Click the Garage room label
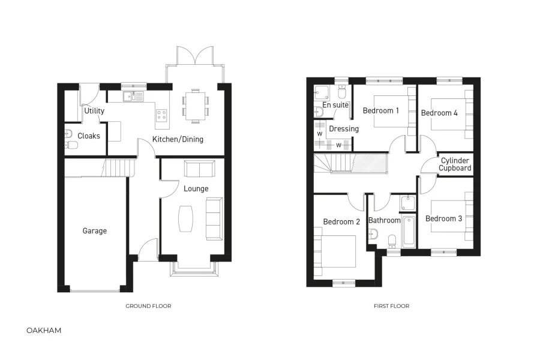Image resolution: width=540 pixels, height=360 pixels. point(94,230)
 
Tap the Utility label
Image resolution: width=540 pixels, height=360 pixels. point(94,110)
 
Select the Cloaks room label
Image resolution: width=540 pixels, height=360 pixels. point(89,136)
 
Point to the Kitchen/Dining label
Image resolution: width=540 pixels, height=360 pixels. point(178,139)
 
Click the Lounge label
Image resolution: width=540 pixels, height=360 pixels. point(196,188)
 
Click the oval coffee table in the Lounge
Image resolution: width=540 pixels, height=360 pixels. point(187,218)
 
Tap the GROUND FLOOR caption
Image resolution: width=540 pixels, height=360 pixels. point(148,306)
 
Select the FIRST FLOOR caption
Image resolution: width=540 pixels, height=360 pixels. point(391,306)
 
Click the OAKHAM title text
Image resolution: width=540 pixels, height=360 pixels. point(44,330)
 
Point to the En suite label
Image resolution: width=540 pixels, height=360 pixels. point(335,105)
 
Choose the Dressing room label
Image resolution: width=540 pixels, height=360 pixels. point(344,128)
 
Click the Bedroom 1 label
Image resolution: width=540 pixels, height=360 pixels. point(381,110)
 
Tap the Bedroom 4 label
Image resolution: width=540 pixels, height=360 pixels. point(439,113)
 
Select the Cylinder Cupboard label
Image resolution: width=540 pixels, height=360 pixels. point(455,164)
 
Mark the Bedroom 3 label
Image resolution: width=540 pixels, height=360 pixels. point(443,218)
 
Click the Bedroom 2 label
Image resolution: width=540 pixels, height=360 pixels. point(341,221)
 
